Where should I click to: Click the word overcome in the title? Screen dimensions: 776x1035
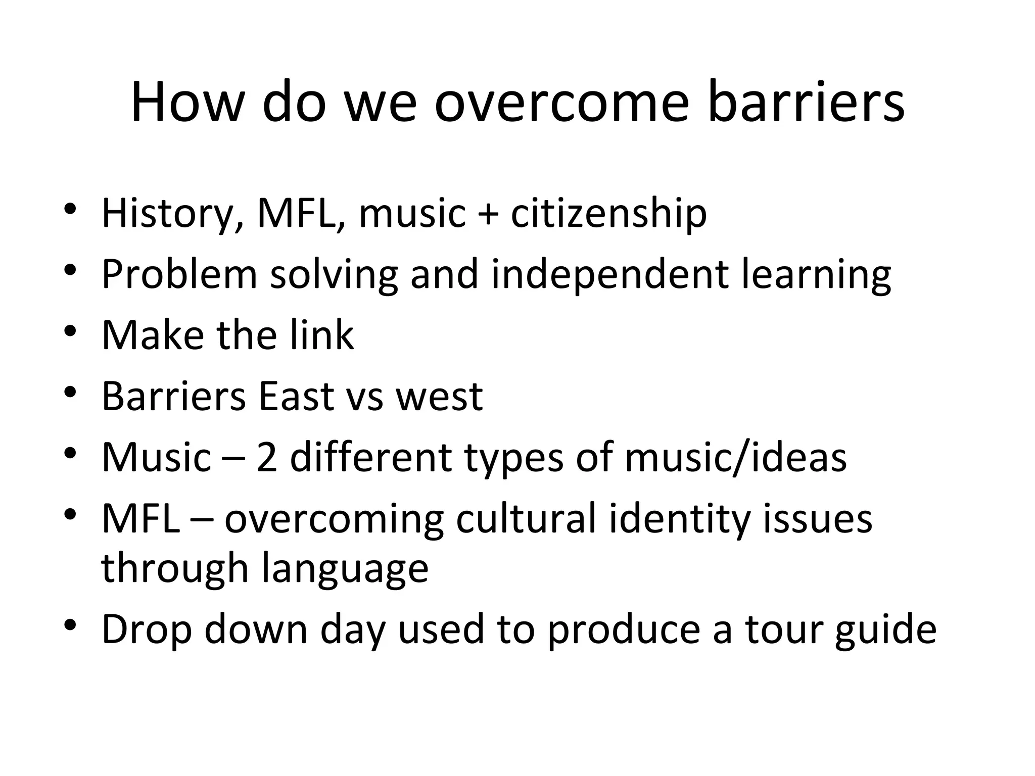tap(561, 104)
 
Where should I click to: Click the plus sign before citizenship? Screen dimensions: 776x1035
tap(488, 214)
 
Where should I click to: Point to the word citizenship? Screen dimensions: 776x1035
tap(608, 214)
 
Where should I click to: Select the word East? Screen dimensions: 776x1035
tap(295, 397)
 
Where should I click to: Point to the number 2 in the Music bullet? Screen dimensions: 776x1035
tap(267, 458)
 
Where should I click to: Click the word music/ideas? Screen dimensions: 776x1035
tap(735, 458)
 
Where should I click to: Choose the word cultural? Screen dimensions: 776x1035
tap(526, 519)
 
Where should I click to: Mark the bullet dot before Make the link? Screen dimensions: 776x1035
tap(70, 331)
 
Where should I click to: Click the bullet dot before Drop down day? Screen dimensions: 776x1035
tap(70, 626)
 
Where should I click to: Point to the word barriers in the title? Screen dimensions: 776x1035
tap(806, 104)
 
